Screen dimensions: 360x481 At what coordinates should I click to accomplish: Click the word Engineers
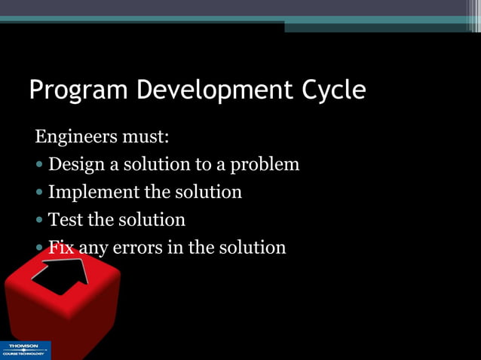pos(73,138)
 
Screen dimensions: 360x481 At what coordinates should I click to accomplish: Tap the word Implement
pos(93,193)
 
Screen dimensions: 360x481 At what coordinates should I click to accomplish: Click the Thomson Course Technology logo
pos(25,350)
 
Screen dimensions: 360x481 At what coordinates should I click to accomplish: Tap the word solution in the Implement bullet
pos(208,192)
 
